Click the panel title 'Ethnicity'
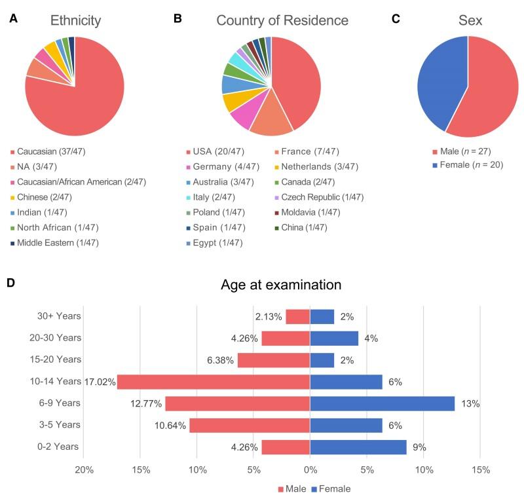[75, 20]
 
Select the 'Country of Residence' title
[282, 20]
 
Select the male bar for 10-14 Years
[214, 381]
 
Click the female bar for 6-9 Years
[382, 403]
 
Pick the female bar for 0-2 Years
[358, 447]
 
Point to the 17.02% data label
[100, 381]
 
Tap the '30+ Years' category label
[59, 316]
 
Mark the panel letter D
[11, 284]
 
